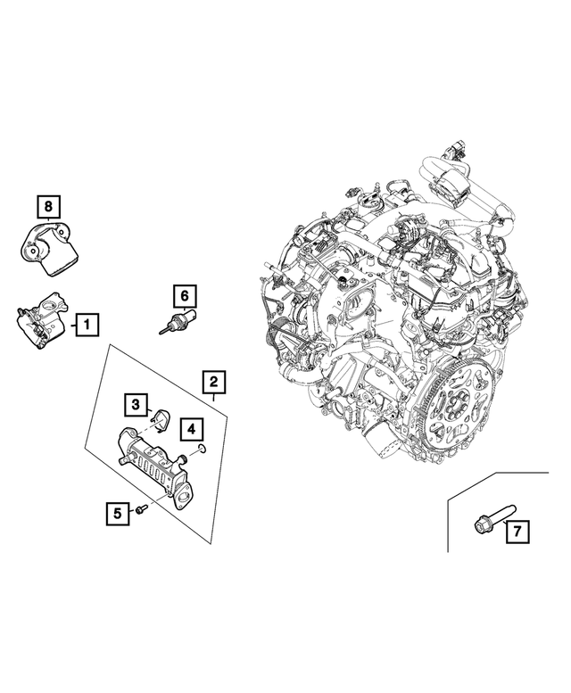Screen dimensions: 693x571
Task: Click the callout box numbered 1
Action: point(87,326)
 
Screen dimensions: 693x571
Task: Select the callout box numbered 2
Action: point(213,384)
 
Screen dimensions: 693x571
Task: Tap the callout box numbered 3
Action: point(135,406)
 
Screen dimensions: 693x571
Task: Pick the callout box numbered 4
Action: point(191,430)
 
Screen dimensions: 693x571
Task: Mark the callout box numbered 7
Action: point(517,533)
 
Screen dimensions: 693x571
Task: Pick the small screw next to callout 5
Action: point(141,508)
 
